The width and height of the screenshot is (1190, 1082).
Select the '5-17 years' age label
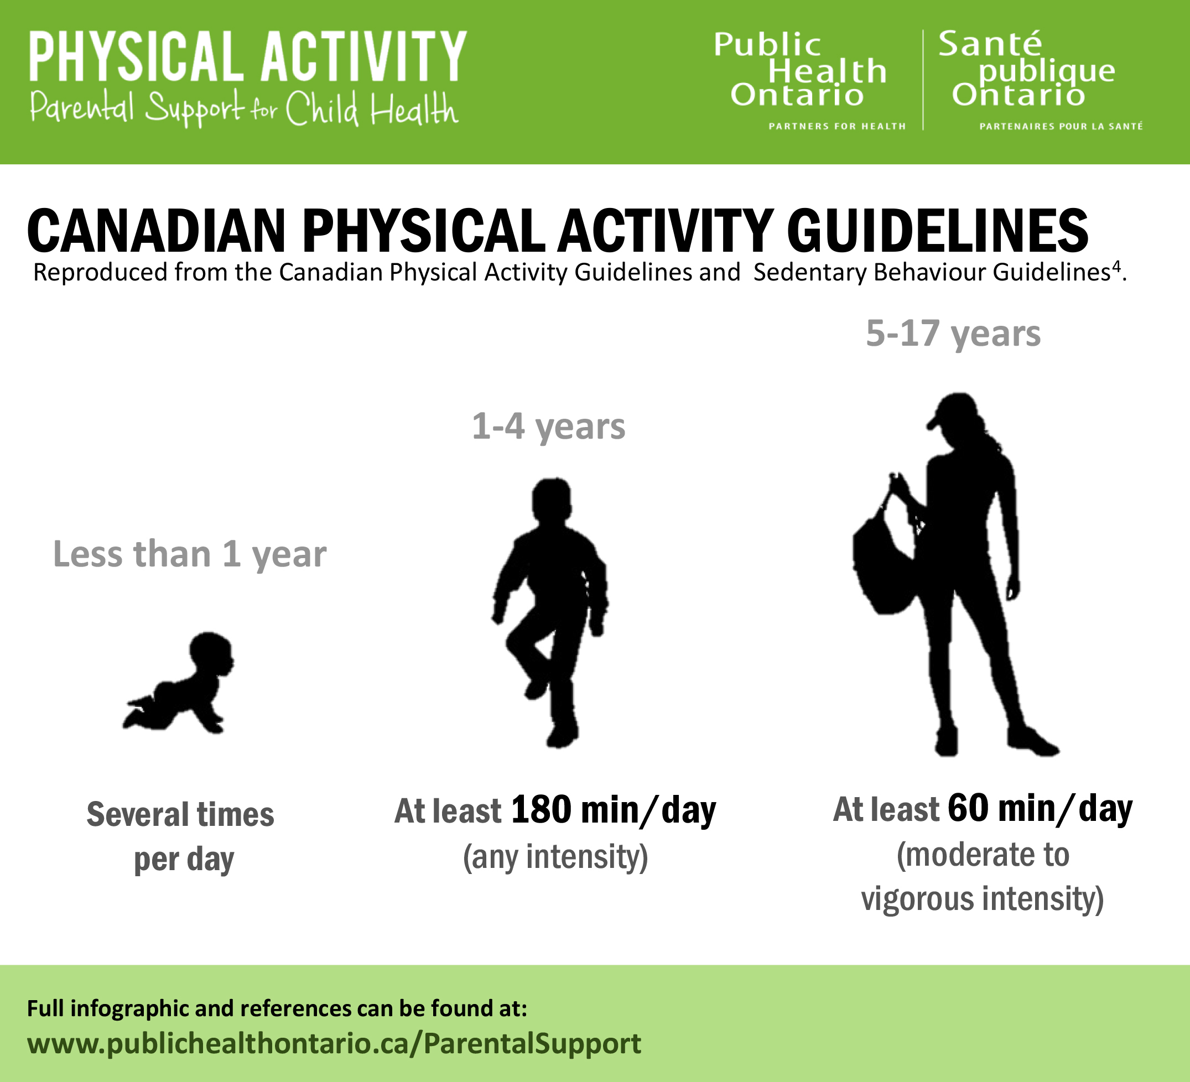coord(953,334)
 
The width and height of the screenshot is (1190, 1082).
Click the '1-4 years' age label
coord(548,426)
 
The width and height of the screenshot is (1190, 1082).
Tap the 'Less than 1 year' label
coord(189,554)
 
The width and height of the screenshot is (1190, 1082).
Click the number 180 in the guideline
coord(541,809)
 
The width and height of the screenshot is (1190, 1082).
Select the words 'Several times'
coord(180,815)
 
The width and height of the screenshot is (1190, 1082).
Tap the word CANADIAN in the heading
coord(157,231)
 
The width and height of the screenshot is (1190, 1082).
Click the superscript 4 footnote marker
coord(1116,267)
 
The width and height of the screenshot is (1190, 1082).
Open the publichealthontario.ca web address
coord(334,1043)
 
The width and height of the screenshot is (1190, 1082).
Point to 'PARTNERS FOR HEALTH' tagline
coord(836,126)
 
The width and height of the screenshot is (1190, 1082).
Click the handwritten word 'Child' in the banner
coord(321,108)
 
